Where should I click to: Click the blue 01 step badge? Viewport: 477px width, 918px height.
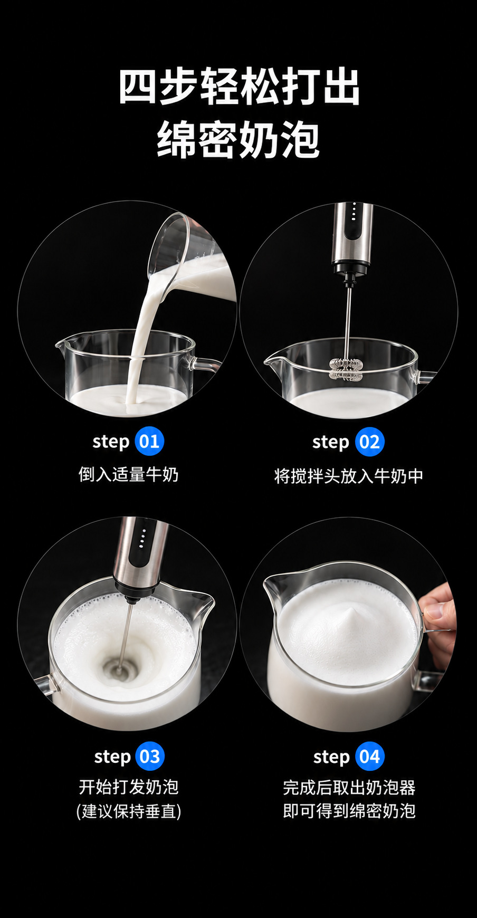click(149, 441)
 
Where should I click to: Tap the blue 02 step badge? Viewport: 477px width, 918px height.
click(369, 442)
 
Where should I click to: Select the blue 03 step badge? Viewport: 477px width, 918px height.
click(150, 756)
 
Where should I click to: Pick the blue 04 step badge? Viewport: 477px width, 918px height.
click(369, 757)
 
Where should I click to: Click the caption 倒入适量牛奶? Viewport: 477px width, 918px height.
click(129, 474)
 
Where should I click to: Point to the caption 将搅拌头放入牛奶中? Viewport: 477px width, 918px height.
click(349, 476)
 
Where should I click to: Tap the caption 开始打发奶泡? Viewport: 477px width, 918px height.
click(129, 787)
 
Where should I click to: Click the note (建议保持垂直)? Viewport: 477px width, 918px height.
click(129, 811)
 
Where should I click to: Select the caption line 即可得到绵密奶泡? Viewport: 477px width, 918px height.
click(349, 811)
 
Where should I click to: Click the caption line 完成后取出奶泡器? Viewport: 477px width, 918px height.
click(349, 788)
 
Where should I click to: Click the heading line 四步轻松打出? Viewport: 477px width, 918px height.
click(238, 87)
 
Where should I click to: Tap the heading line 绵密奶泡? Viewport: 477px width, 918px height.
click(238, 139)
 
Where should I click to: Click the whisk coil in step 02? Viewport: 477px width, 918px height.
click(347, 369)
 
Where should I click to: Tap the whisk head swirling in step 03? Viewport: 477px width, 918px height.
click(119, 671)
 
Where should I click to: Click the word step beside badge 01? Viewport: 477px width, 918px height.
click(111, 442)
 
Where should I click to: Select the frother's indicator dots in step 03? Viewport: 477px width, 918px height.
click(141, 538)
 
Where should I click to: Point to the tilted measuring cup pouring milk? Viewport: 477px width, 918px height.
click(190, 259)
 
